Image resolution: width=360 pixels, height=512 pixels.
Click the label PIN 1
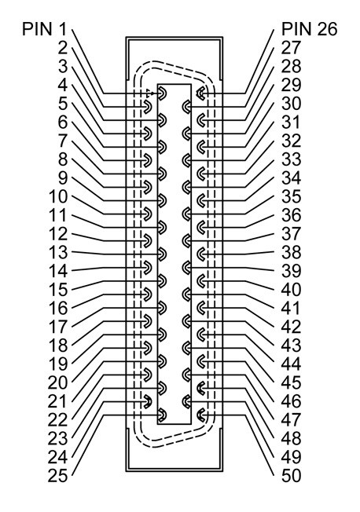tap(45, 29)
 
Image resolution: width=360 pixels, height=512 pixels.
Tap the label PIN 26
tap(309, 29)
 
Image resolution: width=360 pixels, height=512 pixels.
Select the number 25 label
tap(58, 475)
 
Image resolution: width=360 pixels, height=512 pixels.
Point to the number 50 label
tap(291, 475)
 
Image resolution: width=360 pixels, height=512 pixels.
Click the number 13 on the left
tap(58, 252)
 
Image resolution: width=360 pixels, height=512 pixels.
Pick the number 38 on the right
tap(291, 252)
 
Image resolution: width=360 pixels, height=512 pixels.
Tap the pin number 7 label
tap(62, 141)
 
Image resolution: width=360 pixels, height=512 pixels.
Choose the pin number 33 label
tap(291, 159)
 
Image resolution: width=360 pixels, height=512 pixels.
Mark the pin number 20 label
tap(58, 382)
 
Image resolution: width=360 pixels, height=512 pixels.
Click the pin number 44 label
tap(291, 364)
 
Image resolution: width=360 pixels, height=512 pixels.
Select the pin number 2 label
tap(62, 48)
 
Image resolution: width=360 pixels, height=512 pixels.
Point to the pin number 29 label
tap(291, 85)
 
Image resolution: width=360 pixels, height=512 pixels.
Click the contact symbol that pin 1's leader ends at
tap(163, 93)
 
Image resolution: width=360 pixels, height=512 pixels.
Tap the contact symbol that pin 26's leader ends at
tap(200, 93)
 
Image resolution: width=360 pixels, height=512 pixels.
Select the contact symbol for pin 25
tap(163, 415)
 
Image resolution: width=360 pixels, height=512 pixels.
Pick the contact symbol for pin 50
tap(200, 415)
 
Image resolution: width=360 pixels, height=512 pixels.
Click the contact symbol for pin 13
tap(163, 254)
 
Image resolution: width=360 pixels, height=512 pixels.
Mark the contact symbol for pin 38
tap(200, 254)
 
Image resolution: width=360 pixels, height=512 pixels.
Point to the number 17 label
tap(58, 327)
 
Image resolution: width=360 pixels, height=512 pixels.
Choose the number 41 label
tap(291, 308)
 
